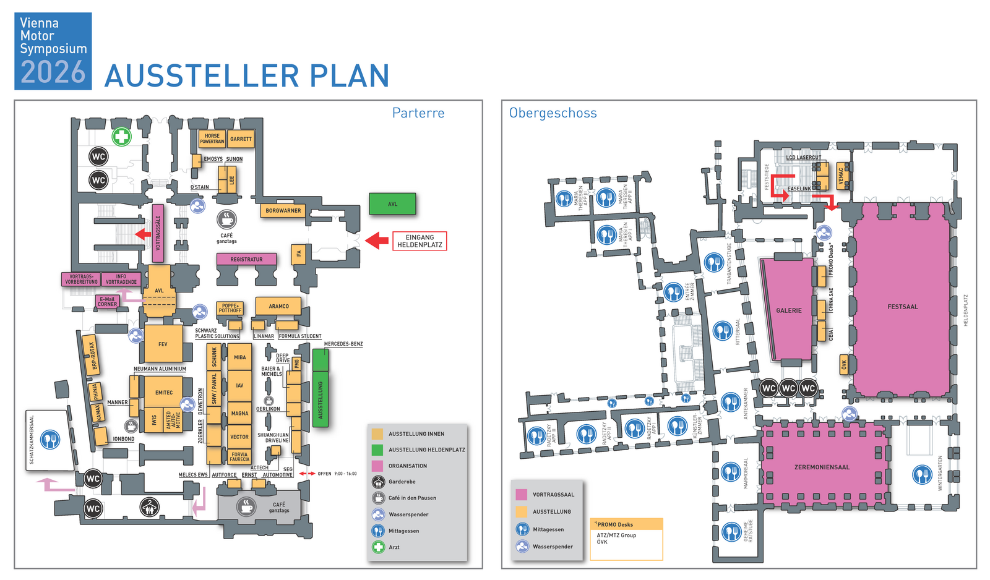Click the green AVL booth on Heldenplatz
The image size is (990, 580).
point(392,203)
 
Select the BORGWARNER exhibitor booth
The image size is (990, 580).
point(283,211)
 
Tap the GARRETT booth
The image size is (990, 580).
point(241,139)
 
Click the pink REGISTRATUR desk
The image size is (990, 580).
point(246,260)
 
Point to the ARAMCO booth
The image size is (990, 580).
point(278,306)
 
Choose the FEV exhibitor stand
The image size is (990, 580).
point(163,344)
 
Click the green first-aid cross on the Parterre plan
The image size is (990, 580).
point(121,137)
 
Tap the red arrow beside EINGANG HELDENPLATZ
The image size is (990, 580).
point(376,241)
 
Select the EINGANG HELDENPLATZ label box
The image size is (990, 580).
point(420,241)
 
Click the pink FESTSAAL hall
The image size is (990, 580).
point(902,307)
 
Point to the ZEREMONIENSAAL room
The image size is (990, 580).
point(822,467)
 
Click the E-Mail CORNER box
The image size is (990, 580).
point(107,302)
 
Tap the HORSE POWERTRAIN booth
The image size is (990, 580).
point(212,139)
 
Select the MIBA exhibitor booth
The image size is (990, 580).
point(239,357)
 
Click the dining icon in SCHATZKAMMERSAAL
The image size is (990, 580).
point(50,440)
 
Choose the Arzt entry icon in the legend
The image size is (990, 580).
point(378,547)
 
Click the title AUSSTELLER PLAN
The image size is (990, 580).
point(247,76)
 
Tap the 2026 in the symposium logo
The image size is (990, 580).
point(53,72)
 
